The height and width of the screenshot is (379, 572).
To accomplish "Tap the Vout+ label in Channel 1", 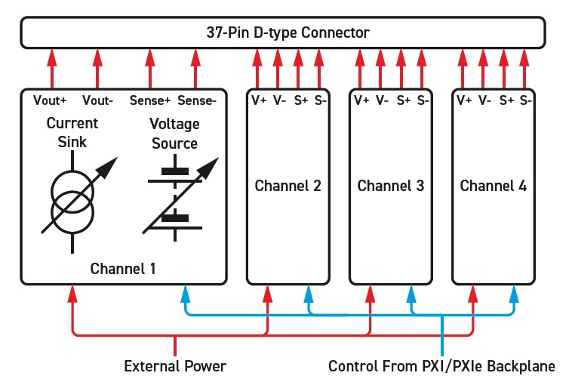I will pos(51,100).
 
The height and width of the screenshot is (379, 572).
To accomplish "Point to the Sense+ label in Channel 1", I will pos(150,100).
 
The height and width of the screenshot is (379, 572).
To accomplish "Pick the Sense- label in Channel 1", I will pos(196,100).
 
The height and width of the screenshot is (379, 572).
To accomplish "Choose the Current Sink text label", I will pos(72,132).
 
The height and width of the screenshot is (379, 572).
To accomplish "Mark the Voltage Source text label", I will pos(174,134).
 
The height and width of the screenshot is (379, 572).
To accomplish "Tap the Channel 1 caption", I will pos(123,268).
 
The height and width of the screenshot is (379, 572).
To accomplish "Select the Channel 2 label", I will pos(288,186).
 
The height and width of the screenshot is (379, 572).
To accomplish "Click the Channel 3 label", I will pos(391,186).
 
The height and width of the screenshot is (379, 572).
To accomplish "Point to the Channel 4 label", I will pos(494,186).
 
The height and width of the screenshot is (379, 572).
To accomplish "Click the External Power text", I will pos(175,366).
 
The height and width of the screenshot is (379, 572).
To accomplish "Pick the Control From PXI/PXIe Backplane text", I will pos(441,366).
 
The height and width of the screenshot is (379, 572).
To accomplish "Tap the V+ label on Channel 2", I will pos(259,100).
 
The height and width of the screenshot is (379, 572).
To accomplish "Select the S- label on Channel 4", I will pos(526,100).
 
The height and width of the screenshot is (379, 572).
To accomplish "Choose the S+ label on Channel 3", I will pos(404,100).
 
